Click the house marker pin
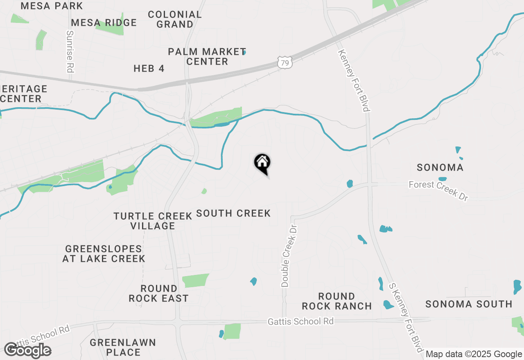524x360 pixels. (x=262, y=164)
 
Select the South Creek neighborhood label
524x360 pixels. (x=233, y=213)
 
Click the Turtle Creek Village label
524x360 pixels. (x=153, y=221)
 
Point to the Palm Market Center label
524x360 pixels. (x=207, y=56)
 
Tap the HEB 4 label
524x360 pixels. (x=149, y=69)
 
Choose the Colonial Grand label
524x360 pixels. (x=175, y=19)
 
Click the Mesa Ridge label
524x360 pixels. (x=104, y=22)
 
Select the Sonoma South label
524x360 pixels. (x=469, y=304)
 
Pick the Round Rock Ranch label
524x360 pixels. (x=337, y=301)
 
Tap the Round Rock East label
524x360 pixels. (x=159, y=293)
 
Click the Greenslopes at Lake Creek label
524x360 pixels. (x=104, y=254)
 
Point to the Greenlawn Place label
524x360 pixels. (x=123, y=347)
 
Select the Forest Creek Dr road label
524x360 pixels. (x=438, y=190)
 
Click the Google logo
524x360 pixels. (x=27, y=350)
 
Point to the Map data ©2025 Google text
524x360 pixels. (x=474, y=354)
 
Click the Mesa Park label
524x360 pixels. (x=52, y=6)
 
